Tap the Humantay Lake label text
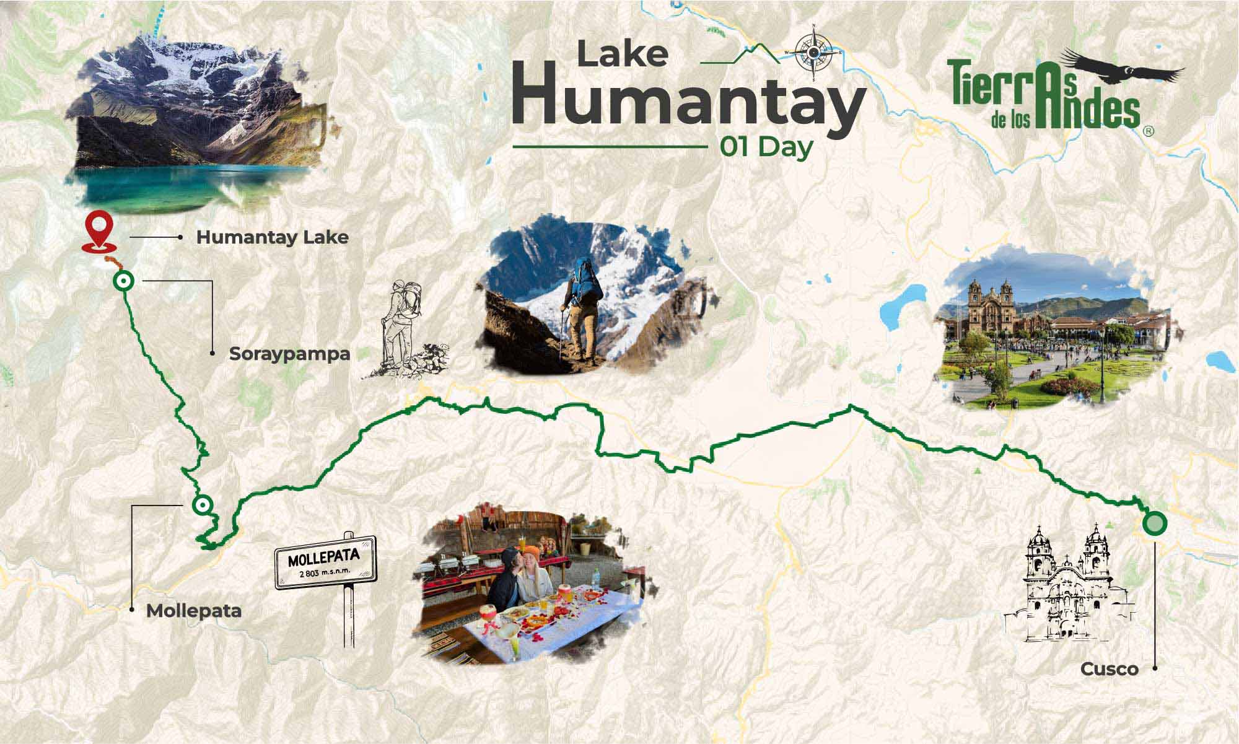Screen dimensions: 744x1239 (x=272, y=237)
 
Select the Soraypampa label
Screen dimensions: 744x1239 (x=289, y=354)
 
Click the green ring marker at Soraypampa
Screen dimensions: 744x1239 (x=124, y=282)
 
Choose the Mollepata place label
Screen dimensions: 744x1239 (x=193, y=611)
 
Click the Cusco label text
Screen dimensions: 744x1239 (x=1110, y=669)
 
